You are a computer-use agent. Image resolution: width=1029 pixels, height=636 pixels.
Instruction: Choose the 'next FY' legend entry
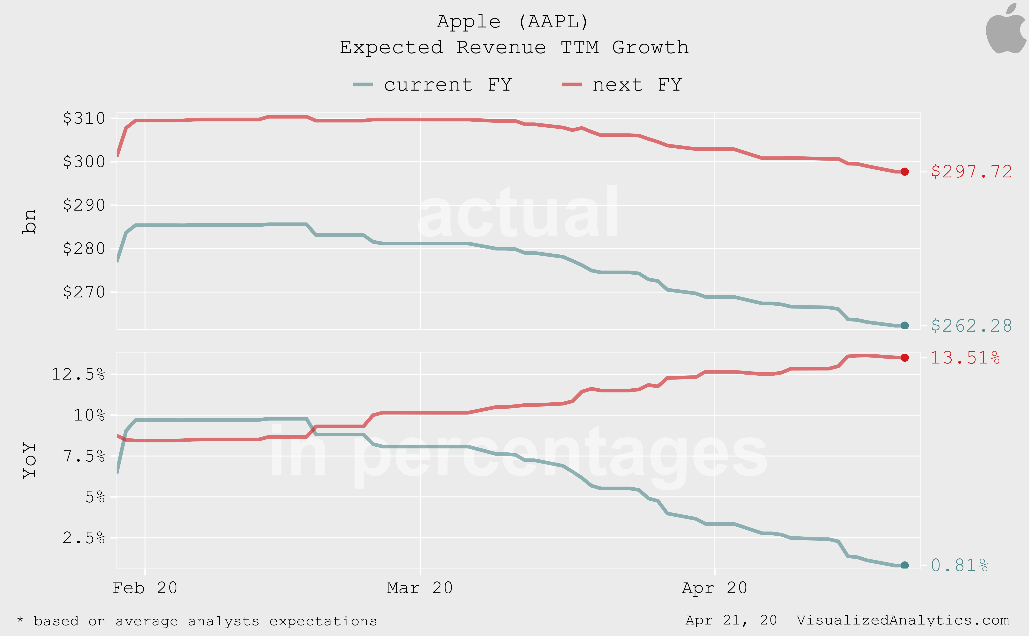point(622,85)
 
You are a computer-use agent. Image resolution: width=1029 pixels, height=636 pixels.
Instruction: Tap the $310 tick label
point(84,118)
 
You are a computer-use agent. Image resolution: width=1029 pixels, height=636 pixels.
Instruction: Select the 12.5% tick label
point(78,374)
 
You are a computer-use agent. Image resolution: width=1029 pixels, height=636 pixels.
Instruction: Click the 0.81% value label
point(960,565)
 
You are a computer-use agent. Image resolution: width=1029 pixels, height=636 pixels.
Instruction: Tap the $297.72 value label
point(971,172)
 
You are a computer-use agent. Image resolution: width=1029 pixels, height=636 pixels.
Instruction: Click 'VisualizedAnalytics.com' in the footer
point(903,620)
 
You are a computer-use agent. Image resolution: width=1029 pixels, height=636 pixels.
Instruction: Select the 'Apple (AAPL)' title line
point(513,22)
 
